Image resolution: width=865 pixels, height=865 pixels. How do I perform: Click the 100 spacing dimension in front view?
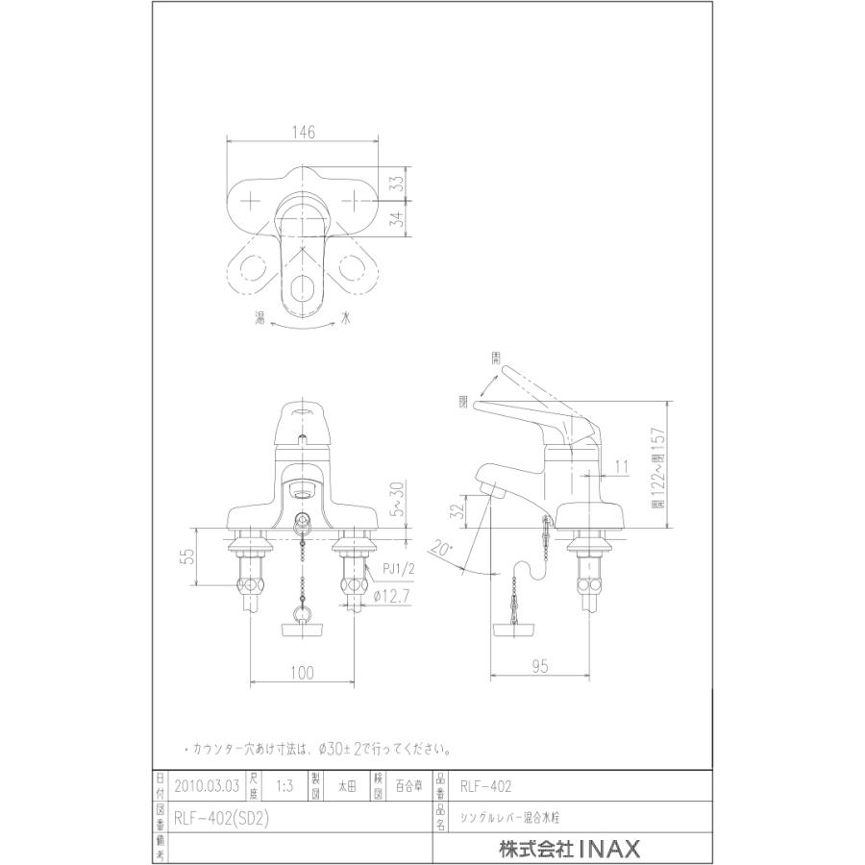302,674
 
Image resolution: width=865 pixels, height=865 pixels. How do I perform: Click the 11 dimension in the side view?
620,466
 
